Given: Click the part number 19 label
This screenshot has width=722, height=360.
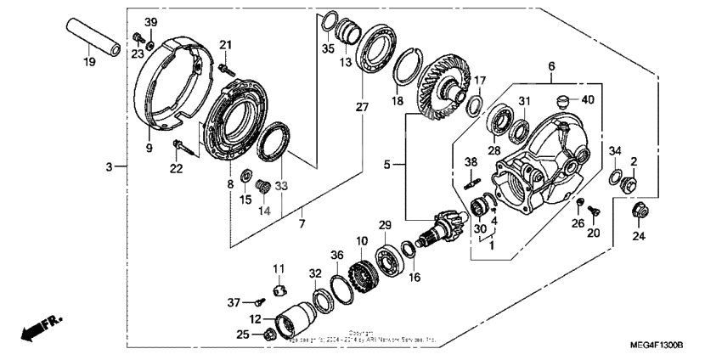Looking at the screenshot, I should pos(88,61).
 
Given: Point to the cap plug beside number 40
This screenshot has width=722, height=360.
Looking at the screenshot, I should pos(561,102).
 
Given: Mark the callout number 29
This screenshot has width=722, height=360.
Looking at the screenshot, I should pos(385,224).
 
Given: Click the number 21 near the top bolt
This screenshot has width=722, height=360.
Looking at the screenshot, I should pos(226,45).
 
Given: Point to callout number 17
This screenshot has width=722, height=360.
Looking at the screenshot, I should pos(480,81).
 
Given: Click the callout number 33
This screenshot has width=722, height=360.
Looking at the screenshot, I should pos(281,186).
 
